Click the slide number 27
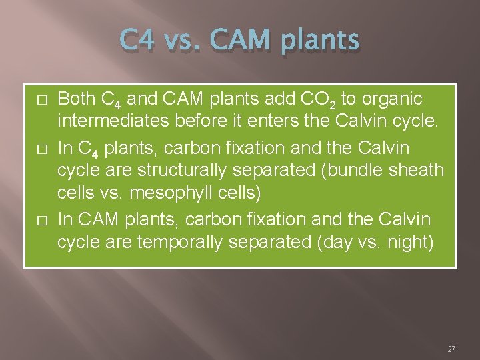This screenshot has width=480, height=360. click(451, 349)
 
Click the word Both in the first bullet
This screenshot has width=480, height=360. click(77, 99)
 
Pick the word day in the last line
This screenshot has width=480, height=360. click(335, 243)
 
